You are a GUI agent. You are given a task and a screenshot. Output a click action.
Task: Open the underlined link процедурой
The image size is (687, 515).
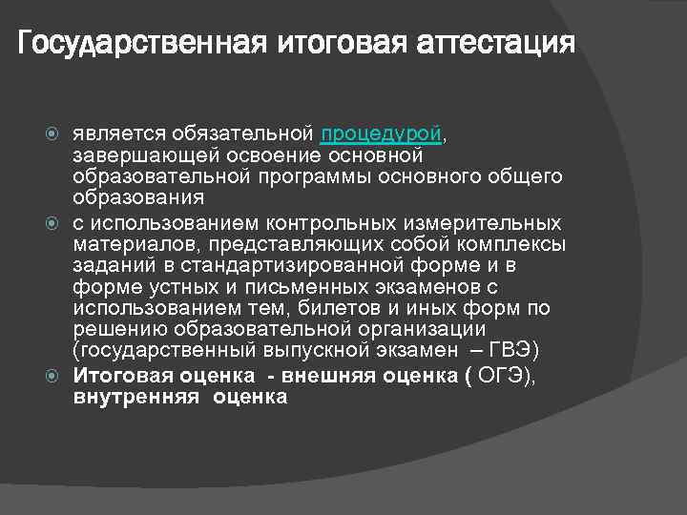coord(382,134)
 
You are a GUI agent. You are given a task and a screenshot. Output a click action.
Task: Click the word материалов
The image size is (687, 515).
coord(125,244)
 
